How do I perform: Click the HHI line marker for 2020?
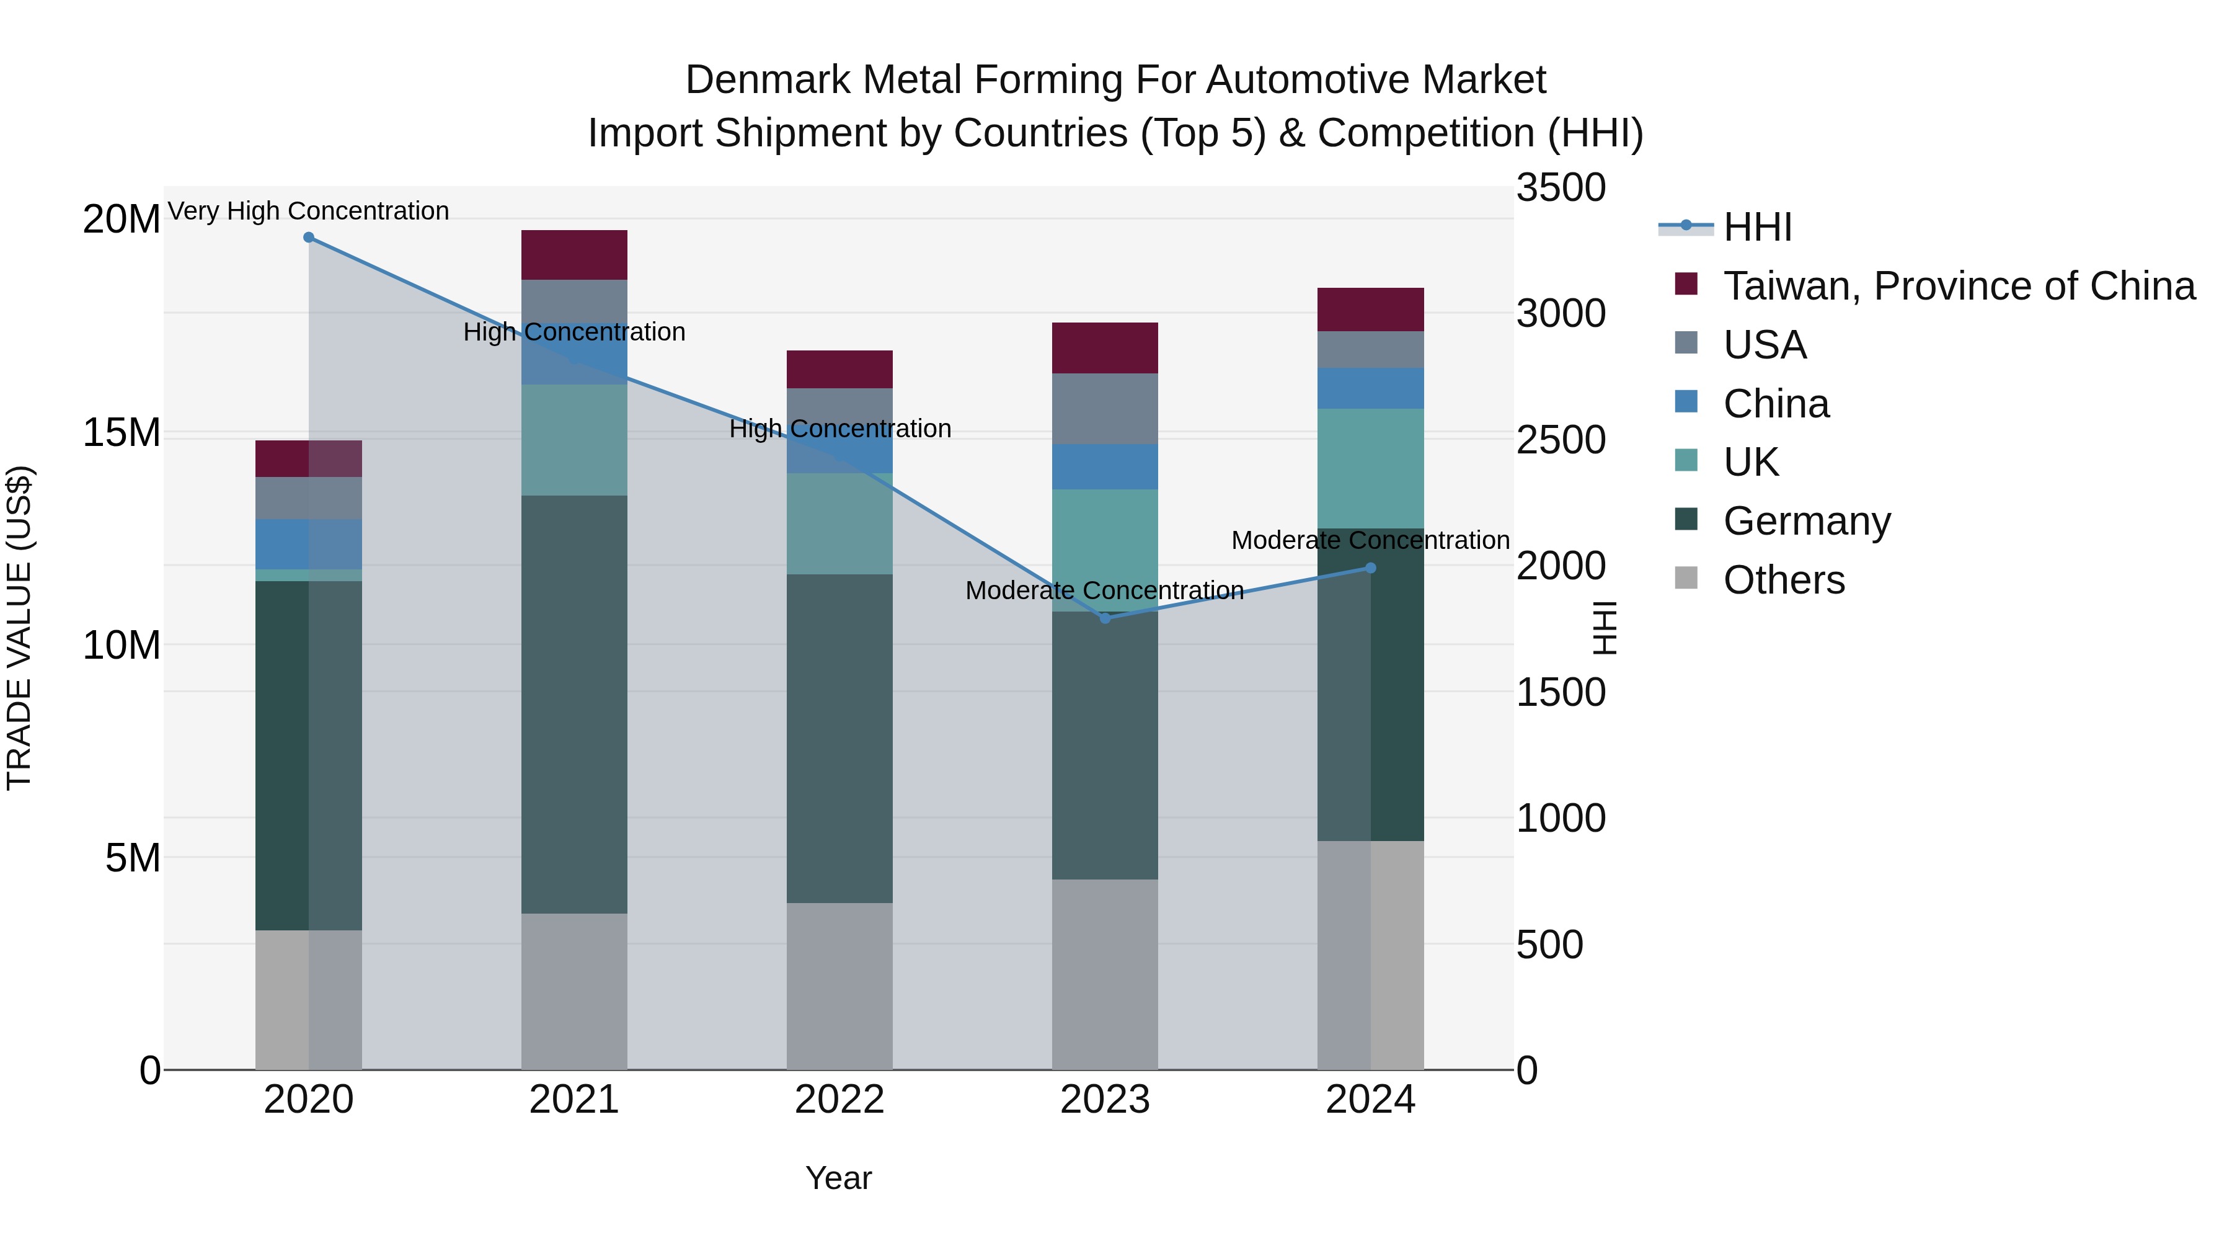tap(309, 238)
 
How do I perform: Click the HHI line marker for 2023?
tap(1105, 618)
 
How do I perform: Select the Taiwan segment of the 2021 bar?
tap(573, 255)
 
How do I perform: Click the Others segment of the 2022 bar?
tap(839, 986)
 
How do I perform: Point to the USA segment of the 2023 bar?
tap(1105, 408)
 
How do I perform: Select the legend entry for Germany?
tap(1807, 521)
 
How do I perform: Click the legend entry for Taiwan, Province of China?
tap(1958, 286)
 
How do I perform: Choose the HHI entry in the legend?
tap(1757, 227)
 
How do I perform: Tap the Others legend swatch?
tap(1686, 578)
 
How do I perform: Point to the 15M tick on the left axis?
tap(122, 432)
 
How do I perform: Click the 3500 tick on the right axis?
tap(1561, 187)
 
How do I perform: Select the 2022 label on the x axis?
tap(839, 1100)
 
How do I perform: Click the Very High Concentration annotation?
tap(309, 211)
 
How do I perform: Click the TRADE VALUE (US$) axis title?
tap(19, 628)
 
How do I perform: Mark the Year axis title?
tap(839, 1178)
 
